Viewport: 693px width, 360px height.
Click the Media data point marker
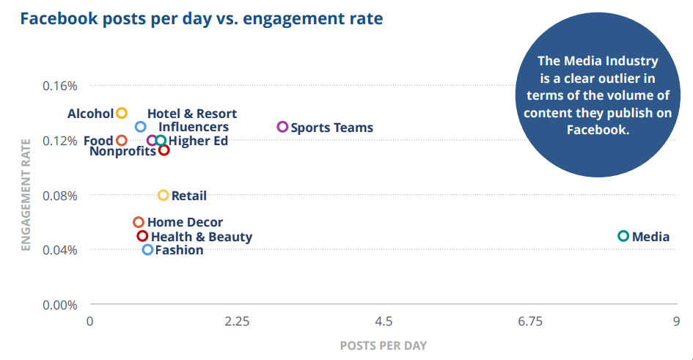point(623,236)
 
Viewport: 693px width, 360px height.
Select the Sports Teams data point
point(282,127)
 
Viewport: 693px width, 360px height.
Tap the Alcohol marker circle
point(122,113)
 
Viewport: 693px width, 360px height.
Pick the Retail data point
point(164,195)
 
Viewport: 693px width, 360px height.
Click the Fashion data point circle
point(147,249)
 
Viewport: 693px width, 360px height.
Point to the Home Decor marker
point(138,222)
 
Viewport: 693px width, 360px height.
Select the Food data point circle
point(122,140)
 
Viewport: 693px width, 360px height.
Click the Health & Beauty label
point(201,237)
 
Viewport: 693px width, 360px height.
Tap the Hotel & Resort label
point(192,114)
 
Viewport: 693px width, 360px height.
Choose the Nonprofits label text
point(122,152)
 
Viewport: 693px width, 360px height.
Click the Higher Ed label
point(198,141)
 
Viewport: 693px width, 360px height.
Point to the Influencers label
point(194,127)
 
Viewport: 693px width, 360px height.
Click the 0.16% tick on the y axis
point(59,86)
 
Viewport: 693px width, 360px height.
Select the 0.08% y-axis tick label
point(59,196)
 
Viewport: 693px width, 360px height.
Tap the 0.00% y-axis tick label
point(59,305)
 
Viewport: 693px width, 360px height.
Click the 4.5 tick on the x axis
point(384,321)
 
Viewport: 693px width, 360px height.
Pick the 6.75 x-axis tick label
point(530,321)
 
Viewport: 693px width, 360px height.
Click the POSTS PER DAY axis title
point(384,345)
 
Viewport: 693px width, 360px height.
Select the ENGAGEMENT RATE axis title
point(26,195)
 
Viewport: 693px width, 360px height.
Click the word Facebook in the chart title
point(61,18)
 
